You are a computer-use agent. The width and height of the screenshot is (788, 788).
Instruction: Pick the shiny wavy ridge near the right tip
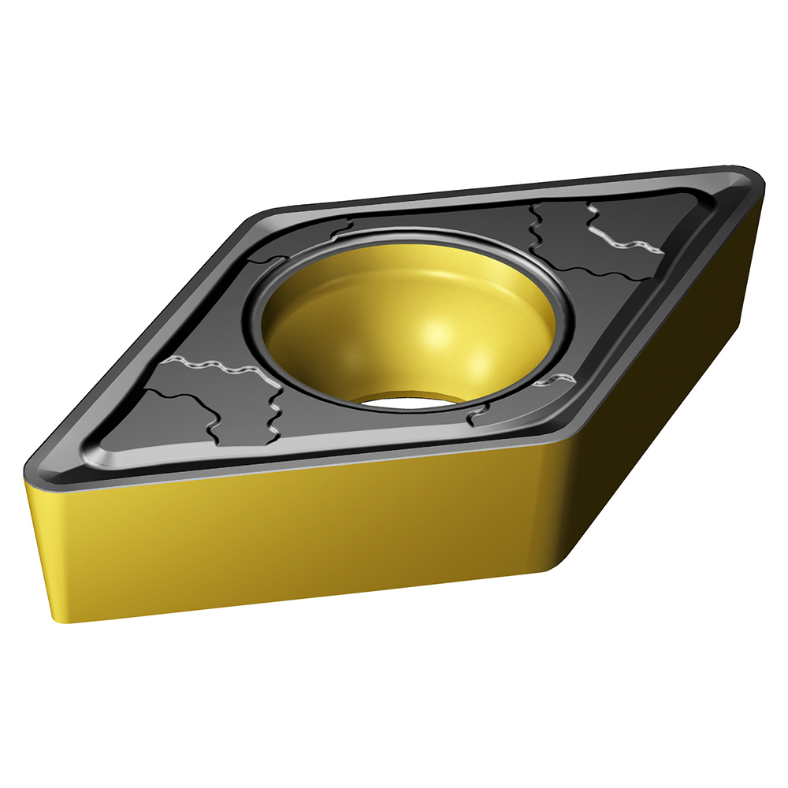[x=626, y=240]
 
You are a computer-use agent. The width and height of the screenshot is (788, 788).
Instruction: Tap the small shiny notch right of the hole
[x=552, y=381]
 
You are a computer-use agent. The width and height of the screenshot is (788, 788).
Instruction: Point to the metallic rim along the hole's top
[x=410, y=232]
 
